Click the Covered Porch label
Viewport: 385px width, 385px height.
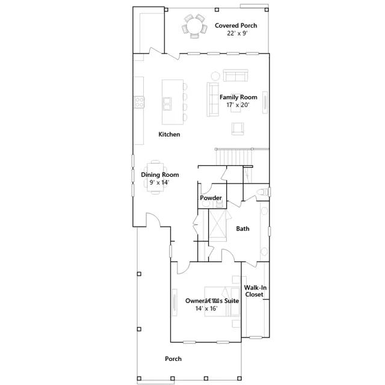236,25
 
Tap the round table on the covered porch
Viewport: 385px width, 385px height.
194,26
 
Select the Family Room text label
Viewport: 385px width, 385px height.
238,97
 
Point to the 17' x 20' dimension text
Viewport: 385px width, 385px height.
238,105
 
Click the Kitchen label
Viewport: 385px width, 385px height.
169,134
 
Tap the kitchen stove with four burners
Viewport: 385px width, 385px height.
139,102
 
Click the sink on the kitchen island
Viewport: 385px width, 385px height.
167,104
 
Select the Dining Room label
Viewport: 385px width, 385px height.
160,175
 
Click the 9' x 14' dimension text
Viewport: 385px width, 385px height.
159,182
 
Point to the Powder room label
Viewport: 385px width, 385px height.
211,198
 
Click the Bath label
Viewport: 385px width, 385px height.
242,229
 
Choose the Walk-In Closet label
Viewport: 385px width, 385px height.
255,291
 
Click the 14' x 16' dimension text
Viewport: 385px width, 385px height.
206,309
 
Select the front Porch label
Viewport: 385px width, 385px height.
173,359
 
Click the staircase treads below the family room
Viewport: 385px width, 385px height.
234,158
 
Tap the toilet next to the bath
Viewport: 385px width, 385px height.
263,192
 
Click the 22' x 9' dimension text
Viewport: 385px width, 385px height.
237,34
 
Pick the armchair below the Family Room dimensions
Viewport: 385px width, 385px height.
238,129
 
